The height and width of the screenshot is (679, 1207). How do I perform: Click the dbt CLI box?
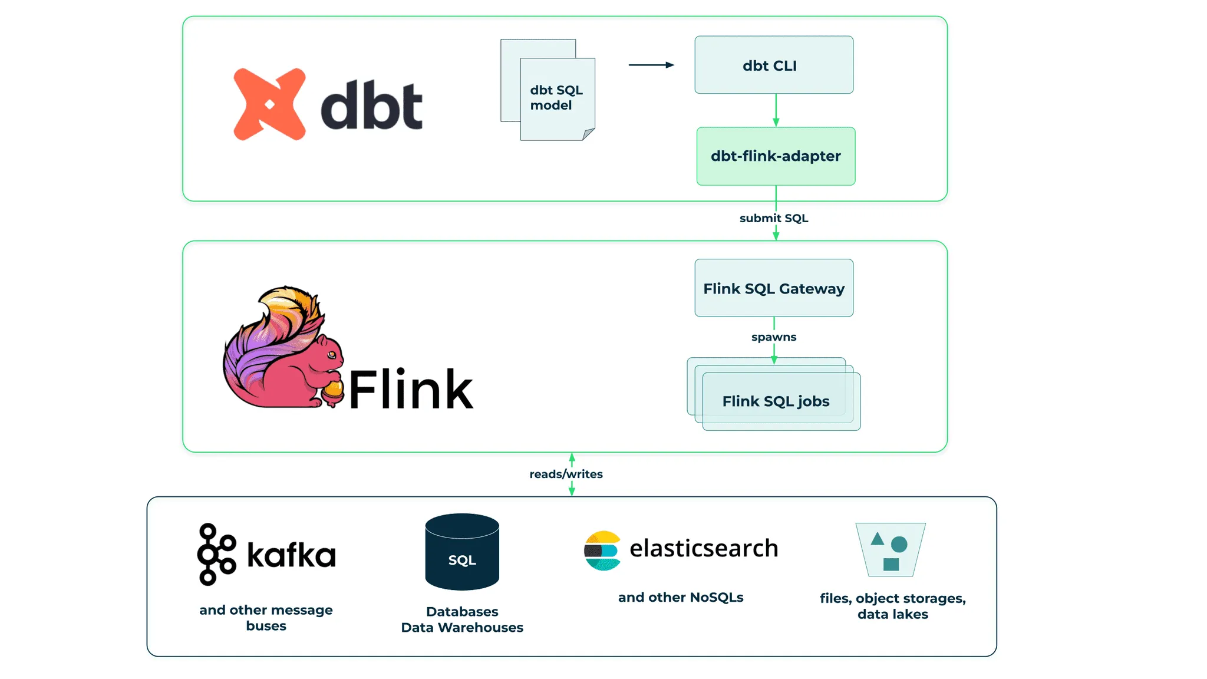(773, 65)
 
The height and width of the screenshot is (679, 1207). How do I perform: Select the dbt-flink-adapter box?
(776, 156)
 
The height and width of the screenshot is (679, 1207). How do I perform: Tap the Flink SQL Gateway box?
(773, 288)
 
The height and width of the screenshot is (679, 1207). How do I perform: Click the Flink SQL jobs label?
(776, 401)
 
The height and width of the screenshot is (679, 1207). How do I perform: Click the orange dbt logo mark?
(269, 104)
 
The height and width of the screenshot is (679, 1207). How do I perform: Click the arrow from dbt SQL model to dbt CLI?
(651, 65)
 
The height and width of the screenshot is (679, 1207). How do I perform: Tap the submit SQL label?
(774, 218)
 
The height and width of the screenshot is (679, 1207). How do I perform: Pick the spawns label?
(774, 337)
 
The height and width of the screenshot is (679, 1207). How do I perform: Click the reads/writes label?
(566, 474)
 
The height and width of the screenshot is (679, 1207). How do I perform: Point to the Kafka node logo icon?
(216, 554)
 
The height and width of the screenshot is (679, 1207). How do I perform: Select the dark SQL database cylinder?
(462, 552)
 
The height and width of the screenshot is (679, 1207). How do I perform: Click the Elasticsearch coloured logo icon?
(602, 551)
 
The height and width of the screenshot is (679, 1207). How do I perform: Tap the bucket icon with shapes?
(891, 549)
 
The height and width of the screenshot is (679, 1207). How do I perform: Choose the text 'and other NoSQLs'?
(681, 597)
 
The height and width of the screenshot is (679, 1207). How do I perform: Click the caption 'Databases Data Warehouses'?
(462, 619)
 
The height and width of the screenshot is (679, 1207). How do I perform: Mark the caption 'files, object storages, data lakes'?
(892, 606)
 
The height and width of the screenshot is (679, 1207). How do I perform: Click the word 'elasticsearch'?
(704, 548)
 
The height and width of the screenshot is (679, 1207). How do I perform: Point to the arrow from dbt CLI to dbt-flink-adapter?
(776, 110)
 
